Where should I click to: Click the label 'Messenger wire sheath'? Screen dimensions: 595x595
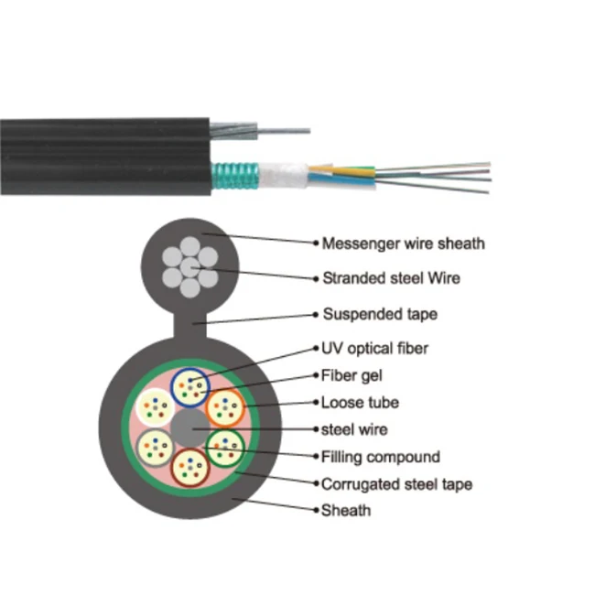[403, 243]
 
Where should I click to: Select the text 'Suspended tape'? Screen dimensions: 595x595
[380, 314]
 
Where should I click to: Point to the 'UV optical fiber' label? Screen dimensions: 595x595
[374, 348]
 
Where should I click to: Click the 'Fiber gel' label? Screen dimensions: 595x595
[352, 374]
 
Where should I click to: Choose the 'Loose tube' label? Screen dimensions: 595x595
[360, 402]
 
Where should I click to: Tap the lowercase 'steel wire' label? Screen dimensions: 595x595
[354, 428]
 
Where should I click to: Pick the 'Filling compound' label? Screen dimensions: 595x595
[381, 456]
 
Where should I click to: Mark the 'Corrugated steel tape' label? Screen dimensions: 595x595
[396, 483]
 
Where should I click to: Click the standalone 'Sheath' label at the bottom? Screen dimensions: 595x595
[346, 510]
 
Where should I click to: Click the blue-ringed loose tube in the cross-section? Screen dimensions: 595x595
[194, 386]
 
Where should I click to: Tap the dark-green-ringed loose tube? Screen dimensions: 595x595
[225, 447]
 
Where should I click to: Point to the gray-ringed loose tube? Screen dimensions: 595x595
[155, 447]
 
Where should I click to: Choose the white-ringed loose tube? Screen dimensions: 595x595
[155, 406]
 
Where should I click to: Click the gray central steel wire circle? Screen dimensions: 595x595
[190, 427]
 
